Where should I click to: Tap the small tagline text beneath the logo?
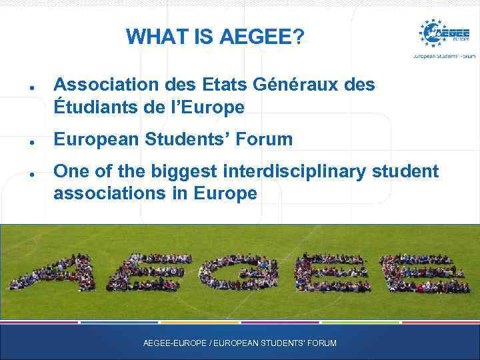click(x=444, y=57)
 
